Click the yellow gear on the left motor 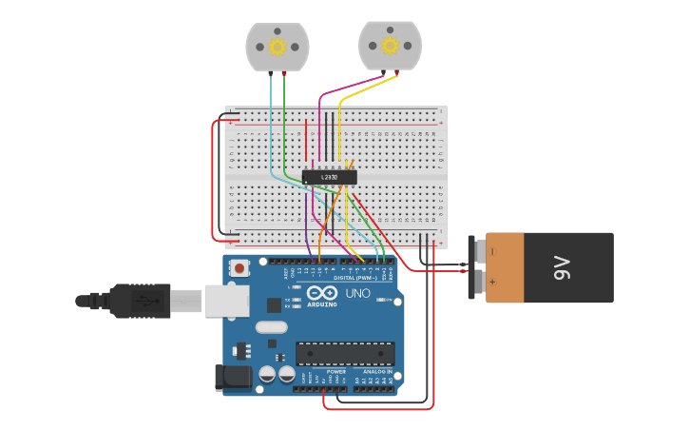278,47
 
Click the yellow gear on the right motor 390,45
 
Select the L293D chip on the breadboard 330,177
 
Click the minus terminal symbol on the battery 491,252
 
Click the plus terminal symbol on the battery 491,282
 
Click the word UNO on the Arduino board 357,293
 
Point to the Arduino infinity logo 321,293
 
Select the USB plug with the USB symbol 143,301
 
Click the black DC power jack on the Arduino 234,378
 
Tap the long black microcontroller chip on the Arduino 344,354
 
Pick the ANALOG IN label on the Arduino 376,372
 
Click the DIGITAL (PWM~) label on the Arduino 353,277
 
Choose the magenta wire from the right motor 320,114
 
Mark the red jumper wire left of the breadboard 212,181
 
